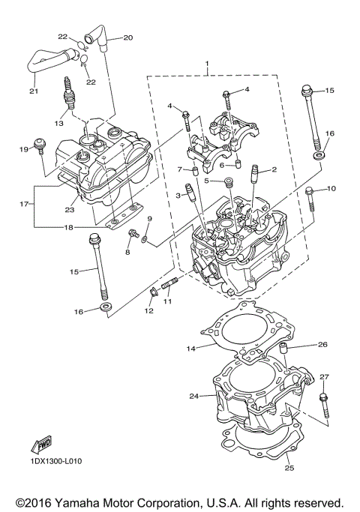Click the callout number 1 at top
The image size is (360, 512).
[208, 66]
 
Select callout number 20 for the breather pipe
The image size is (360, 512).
[127, 37]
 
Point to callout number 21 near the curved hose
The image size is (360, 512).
[33, 91]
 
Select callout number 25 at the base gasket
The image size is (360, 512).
[289, 469]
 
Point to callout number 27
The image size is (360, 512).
[324, 376]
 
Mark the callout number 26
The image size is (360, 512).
[322, 345]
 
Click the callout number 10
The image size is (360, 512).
[331, 188]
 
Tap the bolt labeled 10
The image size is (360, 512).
[310, 199]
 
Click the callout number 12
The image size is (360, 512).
[148, 311]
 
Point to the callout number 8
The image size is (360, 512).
[127, 253]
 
